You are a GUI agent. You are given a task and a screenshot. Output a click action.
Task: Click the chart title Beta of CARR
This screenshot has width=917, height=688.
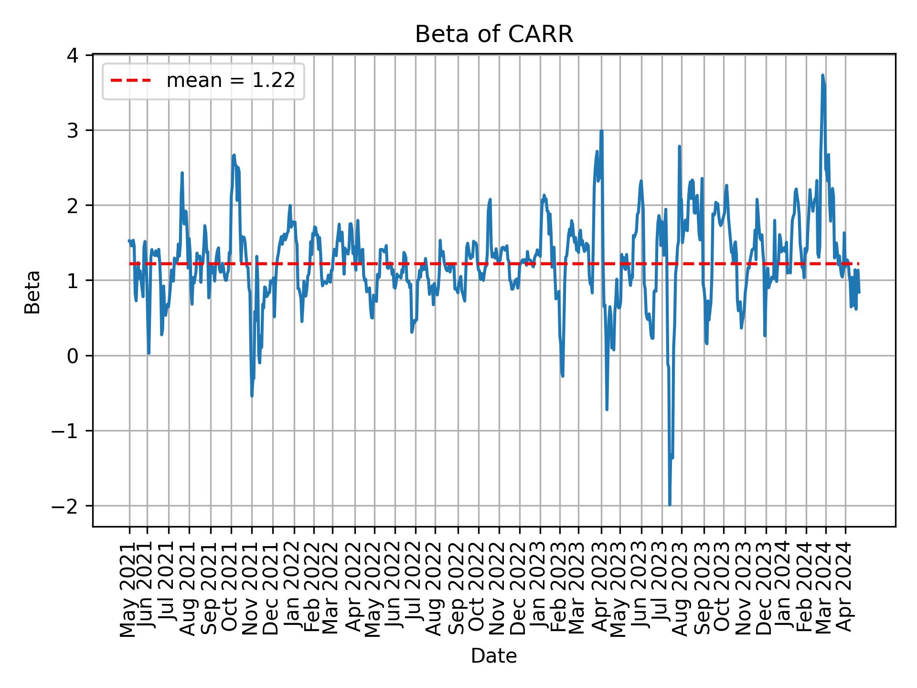(494, 34)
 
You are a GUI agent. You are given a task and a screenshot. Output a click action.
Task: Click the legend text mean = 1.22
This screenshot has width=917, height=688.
(230, 81)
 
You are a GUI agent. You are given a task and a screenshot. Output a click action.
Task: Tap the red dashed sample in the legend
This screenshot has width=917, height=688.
(131, 81)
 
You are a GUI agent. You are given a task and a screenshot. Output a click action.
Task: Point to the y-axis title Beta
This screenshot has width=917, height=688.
(32, 292)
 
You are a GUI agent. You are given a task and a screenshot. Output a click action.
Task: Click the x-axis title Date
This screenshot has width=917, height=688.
(493, 656)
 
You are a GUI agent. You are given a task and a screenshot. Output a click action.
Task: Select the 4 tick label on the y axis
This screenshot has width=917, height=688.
(73, 55)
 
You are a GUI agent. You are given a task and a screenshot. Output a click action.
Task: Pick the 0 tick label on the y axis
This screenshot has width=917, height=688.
(73, 356)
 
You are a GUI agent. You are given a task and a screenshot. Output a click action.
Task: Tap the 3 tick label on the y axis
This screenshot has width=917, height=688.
(73, 131)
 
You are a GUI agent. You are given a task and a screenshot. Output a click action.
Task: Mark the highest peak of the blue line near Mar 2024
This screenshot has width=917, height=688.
(822, 75)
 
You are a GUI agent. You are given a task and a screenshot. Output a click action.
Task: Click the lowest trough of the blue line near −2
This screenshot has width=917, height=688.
(670, 505)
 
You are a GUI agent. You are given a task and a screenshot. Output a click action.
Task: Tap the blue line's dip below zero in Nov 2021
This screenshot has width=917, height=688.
(252, 396)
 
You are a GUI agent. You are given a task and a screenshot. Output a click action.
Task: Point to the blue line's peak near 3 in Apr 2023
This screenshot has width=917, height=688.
(601, 131)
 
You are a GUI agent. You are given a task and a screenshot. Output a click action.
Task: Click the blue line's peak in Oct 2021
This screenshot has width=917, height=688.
(234, 155)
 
